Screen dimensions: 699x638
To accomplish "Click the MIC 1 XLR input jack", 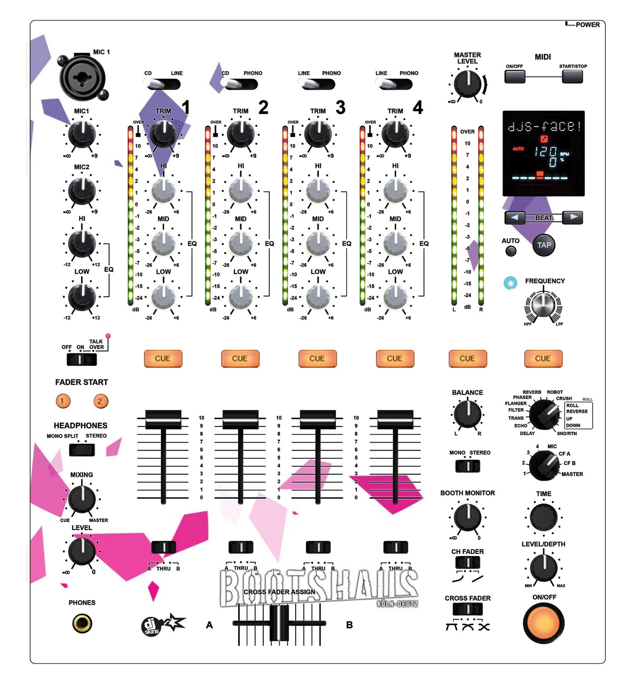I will pos(82,78).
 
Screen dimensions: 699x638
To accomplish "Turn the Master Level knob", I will pos(467,84).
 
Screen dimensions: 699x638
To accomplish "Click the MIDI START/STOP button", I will pos(572,76).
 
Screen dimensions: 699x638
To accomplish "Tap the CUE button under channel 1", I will pos(162,358).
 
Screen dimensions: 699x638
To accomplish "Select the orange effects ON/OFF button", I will pos(544,623).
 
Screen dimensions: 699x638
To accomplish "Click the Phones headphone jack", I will pos(82,623).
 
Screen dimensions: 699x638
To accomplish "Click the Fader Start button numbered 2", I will pos(100,401).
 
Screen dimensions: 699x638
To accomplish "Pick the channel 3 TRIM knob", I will pos(318,134).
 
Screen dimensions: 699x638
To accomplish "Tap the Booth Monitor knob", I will pos(467,517).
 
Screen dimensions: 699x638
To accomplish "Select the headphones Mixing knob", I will pos(82,499).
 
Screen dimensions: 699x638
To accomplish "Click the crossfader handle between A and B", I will pos(279,623).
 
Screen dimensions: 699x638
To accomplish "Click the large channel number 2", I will pos(263,107).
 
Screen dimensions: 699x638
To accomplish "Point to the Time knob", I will pos(543,517).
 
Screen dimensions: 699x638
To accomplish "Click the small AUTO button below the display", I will pos(511,251).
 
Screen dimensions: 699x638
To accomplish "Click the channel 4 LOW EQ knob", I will pos(395,297).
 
